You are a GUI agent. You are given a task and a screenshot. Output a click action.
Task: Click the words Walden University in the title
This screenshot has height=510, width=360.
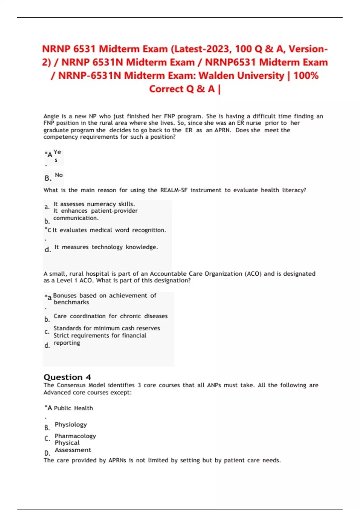[x=241, y=76]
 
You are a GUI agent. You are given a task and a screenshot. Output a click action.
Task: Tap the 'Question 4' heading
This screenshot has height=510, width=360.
[x=67, y=377]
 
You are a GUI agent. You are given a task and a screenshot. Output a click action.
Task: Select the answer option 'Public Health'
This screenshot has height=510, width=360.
[x=73, y=408]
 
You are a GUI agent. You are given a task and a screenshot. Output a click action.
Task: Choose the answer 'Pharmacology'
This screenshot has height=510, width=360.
[x=75, y=436]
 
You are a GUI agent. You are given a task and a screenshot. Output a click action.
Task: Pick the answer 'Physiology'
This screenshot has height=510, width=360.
[x=71, y=424]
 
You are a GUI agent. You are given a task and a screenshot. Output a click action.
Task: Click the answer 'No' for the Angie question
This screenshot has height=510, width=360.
[x=59, y=175]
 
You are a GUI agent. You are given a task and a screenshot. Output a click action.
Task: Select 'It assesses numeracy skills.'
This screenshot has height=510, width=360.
[x=94, y=204]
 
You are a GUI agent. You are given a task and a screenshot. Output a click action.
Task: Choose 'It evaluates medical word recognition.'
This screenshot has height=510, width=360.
[x=109, y=230]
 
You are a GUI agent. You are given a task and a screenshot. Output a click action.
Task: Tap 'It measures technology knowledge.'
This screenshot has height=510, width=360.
[x=106, y=247]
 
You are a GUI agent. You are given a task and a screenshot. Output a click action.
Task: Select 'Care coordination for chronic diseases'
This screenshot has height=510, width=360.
[x=110, y=316]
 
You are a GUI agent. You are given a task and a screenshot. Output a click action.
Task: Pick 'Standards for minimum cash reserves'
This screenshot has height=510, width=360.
[x=106, y=328]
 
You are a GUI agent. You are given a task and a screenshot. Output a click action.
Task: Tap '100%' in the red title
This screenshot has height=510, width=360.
[x=306, y=76]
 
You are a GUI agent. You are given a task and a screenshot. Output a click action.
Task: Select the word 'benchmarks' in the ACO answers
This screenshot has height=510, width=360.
[x=71, y=302]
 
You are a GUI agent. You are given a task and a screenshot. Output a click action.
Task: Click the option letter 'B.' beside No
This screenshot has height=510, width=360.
[x=48, y=178]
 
